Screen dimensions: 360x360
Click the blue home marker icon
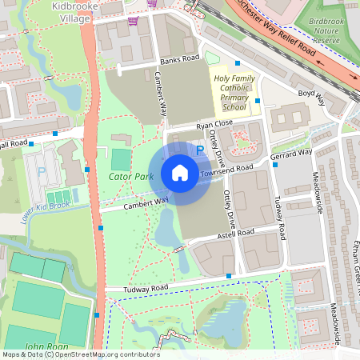pos(180,173)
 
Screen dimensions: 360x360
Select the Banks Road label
pos(178,59)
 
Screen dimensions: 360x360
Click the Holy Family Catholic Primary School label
pos(234,92)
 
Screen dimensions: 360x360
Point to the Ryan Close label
pos(214,124)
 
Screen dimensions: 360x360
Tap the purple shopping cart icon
pos(132,21)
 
